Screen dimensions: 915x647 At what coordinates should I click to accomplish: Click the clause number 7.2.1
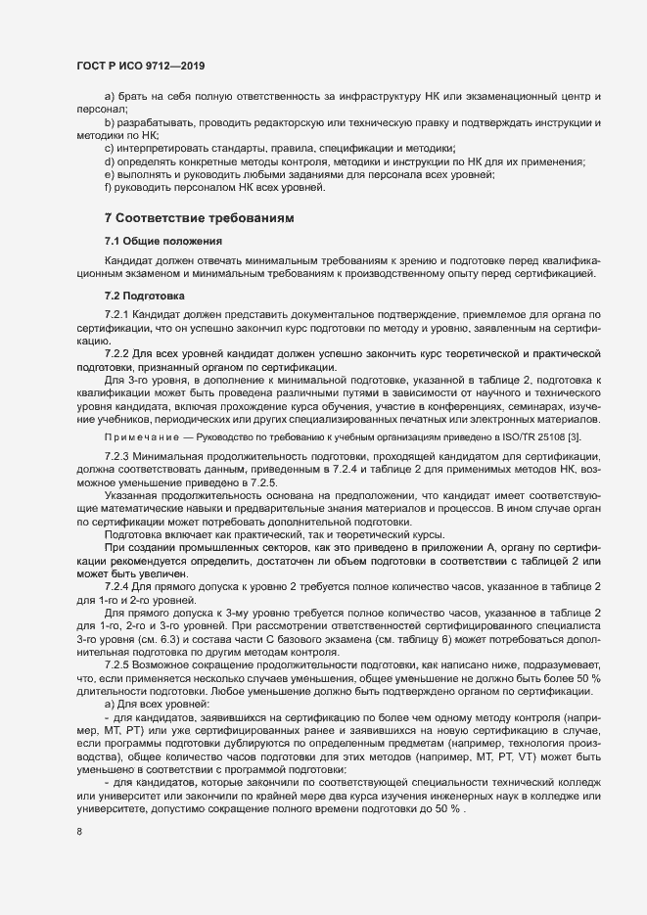point(117,313)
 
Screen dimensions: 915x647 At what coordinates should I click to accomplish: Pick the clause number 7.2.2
point(117,351)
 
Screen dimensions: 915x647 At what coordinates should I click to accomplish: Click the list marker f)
point(108,187)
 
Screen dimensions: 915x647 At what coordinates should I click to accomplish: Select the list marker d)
point(109,160)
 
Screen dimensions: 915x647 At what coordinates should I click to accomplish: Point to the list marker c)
point(109,147)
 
